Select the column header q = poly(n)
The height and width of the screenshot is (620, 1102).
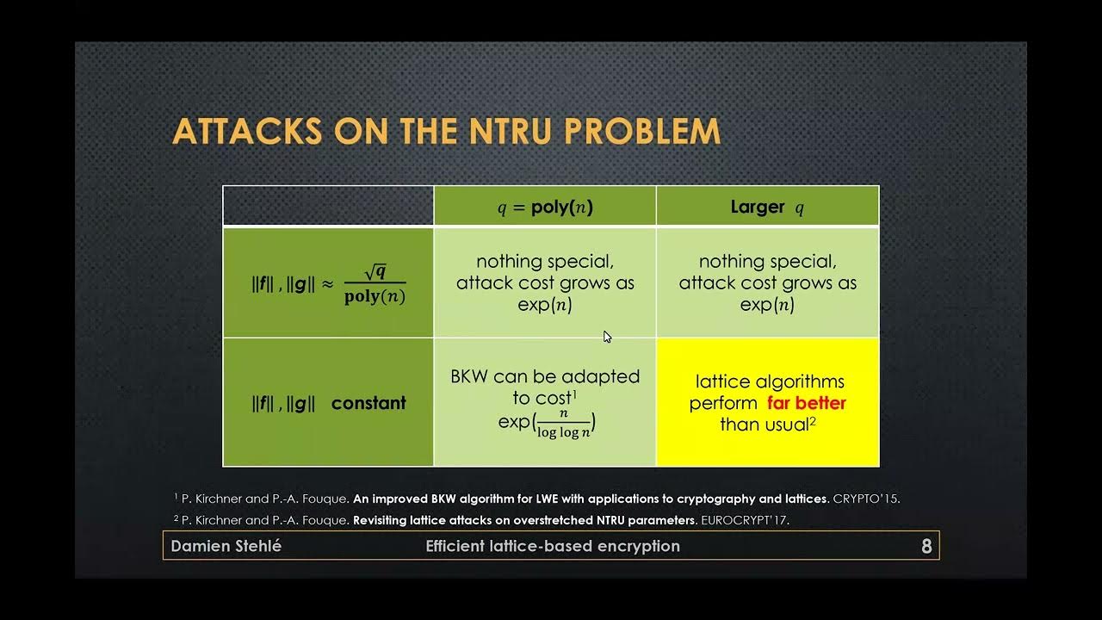pyautogui.click(x=545, y=208)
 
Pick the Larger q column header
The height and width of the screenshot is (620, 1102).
pyautogui.click(x=767, y=208)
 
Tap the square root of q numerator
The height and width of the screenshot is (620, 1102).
pyautogui.click(x=375, y=273)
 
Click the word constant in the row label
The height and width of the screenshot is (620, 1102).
pyautogui.click(x=368, y=403)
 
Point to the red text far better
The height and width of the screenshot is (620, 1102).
pyautogui.click(x=807, y=403)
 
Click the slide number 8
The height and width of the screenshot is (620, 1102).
pyautogui.click(x=926, y=546)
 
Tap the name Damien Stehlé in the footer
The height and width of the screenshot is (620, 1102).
pyautogui.click(x=226, y=546)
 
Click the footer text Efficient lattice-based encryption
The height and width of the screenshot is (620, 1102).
pyautogui.click(x=553, y=546)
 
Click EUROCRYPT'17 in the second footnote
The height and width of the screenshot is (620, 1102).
pyautogui.click(x=745, y=520)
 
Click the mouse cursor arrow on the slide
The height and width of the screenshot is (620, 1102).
pyautogui.click(x=607, y=337)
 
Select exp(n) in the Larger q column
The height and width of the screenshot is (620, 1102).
pyautogui.click(x=767, y=305)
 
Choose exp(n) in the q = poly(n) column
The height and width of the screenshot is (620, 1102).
pyautogui.click(x=545, y=305)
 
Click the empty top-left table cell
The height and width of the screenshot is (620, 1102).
pyautogui.click(x=328, y=207)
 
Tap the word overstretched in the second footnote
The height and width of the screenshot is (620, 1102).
pyautogui.click(x=566, y=520)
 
